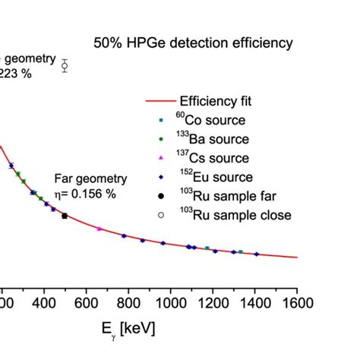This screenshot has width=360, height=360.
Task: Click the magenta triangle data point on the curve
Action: (99, 229)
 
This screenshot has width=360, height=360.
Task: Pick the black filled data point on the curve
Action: (65, 216)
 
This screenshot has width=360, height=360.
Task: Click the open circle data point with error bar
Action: (65, 66)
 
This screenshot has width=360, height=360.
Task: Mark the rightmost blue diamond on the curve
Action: (256, 254)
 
